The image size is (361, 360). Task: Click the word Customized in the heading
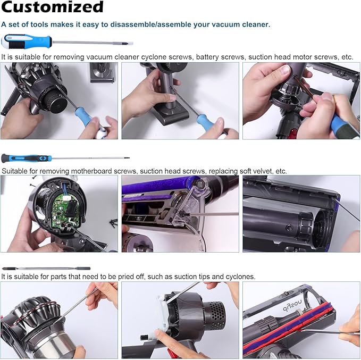(52, 7)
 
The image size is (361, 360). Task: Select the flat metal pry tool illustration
(46, 269)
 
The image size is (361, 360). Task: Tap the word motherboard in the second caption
(86, 171)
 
